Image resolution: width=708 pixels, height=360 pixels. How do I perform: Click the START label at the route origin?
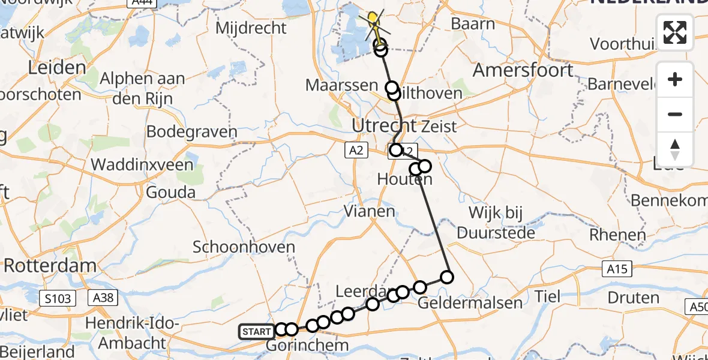point(256,331)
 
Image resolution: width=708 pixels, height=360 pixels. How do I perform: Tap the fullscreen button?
point(675,32)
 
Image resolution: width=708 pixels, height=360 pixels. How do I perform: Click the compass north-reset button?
point(675,149)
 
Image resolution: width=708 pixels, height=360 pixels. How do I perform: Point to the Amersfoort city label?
point(523,70)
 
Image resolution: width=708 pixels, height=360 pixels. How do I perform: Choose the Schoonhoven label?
point(244,247)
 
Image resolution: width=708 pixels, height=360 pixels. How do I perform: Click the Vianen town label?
point(369,211)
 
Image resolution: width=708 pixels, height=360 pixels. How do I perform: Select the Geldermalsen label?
point(470,302)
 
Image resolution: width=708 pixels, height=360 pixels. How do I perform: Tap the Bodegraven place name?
point(191,132)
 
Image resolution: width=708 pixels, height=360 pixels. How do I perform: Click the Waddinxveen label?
point(142,164)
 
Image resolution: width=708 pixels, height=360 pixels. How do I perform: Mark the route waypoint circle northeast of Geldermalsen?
point(447,277)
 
